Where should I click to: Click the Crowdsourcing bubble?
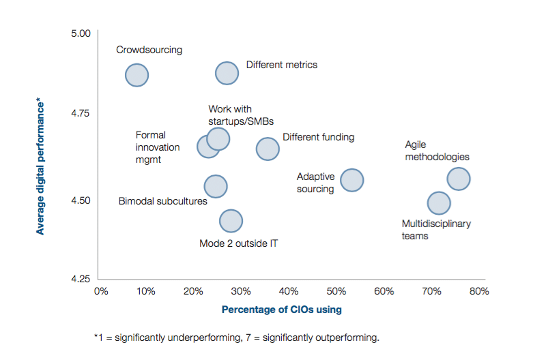point(137,75)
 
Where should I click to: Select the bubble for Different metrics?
point(227,73)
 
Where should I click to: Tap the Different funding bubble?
point(268,149)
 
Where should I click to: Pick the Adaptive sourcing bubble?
point(351,180)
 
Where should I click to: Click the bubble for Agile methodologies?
point(459,179)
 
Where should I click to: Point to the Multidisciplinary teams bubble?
point(439,202)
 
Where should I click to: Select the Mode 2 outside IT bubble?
point(231,220)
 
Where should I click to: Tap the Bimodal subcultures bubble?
point(216,186)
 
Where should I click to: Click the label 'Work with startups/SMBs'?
point(230,115)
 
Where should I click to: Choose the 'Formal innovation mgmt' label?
point(158,147)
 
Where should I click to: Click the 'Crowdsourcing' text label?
point(149,50)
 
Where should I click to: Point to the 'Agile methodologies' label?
point(437,151)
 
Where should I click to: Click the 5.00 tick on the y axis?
point(81,33)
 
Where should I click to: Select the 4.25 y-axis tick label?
point(81,279)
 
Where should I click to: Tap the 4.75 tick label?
point(81,113)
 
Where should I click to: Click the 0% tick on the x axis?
point(100,291)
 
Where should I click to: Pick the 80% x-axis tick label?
point(478,291)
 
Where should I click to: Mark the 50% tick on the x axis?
point(336,291)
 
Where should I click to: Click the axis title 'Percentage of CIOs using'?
point(281,310)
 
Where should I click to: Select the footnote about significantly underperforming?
point(236,337)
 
